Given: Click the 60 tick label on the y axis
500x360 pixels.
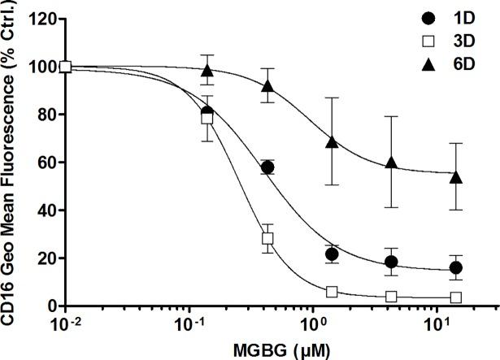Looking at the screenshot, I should pyautogui.click(x=45, y=163).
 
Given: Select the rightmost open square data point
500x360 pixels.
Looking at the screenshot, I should pyautogui.click(x=456, y=297).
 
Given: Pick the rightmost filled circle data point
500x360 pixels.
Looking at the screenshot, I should pyautogui.click(x=456, y=267).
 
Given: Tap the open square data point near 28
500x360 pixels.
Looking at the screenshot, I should pyautogui.click(x=267, y=239).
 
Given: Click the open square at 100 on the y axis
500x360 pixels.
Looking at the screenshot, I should pyautogui.click(x=66, y=67).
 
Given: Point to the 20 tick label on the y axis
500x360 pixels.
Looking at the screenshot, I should pyautogui.click(x=45, y=258).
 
